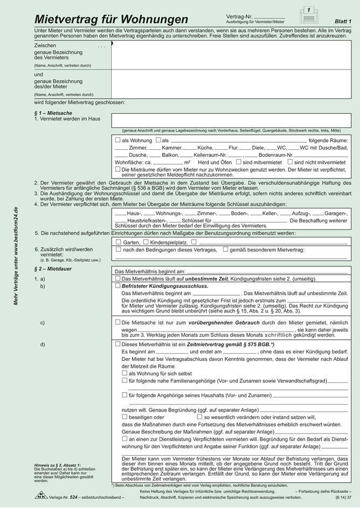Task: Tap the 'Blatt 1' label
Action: tap(343, 20)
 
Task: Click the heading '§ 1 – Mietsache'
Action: tap(53, 113)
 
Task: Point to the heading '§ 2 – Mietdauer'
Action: tap(53, 268)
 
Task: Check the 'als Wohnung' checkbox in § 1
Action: tap(118, 140)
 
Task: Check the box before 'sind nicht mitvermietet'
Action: tap(290, 162)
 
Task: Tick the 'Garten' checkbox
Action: tap(118, 242)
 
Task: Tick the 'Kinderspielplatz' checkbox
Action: tap(146, 242)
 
